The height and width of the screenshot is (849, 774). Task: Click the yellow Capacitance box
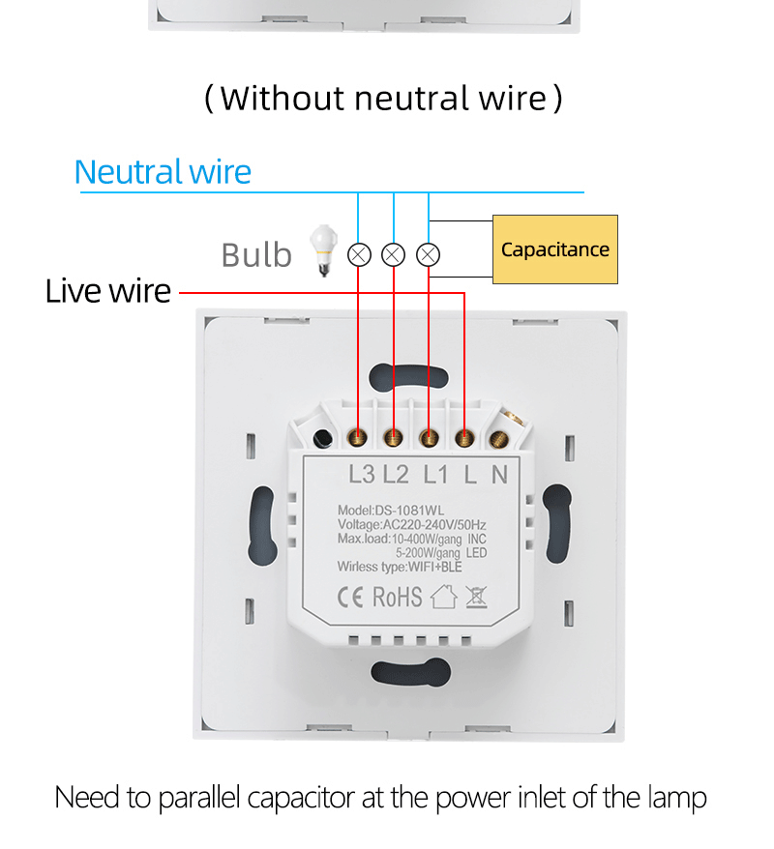click(x=554, y=249)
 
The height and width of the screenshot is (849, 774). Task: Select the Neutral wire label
click(x=163, y=172)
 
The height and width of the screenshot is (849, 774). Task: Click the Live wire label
click(x=107, y=291)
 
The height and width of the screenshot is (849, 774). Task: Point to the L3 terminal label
click(x=361, y=474)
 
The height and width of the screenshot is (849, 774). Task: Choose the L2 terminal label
click(x=396, y=474)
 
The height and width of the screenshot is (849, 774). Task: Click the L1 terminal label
click(x=436, y=474)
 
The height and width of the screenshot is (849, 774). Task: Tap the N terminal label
click(x=499, y=474)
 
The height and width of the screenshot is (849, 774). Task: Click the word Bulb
click(x=255, y=255)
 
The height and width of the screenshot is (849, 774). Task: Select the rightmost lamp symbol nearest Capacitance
click(x=429, y=254)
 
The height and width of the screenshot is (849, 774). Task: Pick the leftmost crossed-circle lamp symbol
click(x=359, y=254)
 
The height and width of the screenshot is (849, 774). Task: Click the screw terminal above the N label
click(x=501, y=437)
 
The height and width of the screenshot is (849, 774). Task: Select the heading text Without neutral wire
click(x=384, y=98)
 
